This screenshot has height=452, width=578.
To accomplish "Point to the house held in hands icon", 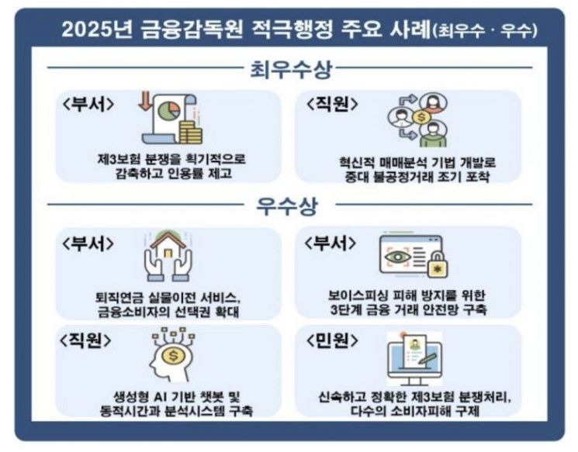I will (168, 255).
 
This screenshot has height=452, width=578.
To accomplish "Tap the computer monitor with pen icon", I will (415, 357).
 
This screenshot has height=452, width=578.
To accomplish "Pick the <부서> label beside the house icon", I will (88, 242).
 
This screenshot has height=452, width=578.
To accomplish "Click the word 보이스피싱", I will (359, 295).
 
